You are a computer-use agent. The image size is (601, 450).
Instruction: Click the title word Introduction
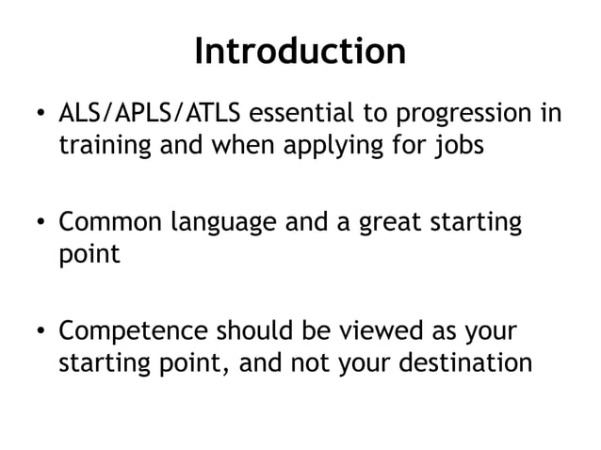coord(300,51)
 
